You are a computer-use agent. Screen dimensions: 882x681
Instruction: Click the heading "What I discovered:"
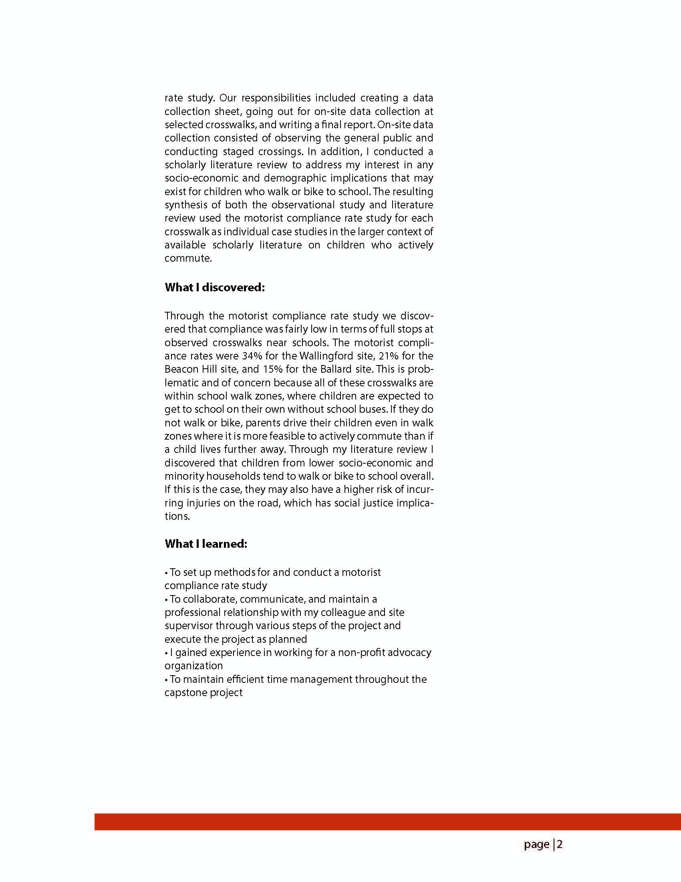pyautogui.click(x=214, y=288)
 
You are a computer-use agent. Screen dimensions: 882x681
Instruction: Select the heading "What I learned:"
pyautogui.click(x=206, y=544)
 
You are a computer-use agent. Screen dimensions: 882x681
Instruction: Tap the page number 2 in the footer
pyautogui.click(x=560, y=844)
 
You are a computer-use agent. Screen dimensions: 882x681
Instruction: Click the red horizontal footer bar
pyautogui.click(x=387, y=822)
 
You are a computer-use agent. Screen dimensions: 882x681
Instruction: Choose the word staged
pyautogui.click(x=237, y=151)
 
